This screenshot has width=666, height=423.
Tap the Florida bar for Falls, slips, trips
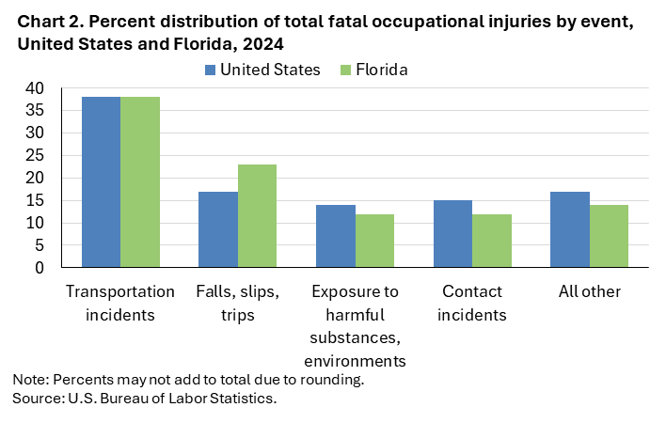(x=257, y=216)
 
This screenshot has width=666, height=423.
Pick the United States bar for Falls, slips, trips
(x=218, y=229)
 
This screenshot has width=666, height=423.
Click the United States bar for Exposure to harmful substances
(x=336, y=236)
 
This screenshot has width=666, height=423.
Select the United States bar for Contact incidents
(x=452, y=234)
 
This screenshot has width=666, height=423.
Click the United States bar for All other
(x=570, y=229)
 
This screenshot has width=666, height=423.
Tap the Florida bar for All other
(x=609, y=236)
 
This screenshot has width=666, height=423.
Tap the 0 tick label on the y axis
(x=39, y=268)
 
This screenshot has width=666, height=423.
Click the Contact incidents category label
(x=472, y=303)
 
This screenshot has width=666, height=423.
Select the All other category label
(x=589, y=291)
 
